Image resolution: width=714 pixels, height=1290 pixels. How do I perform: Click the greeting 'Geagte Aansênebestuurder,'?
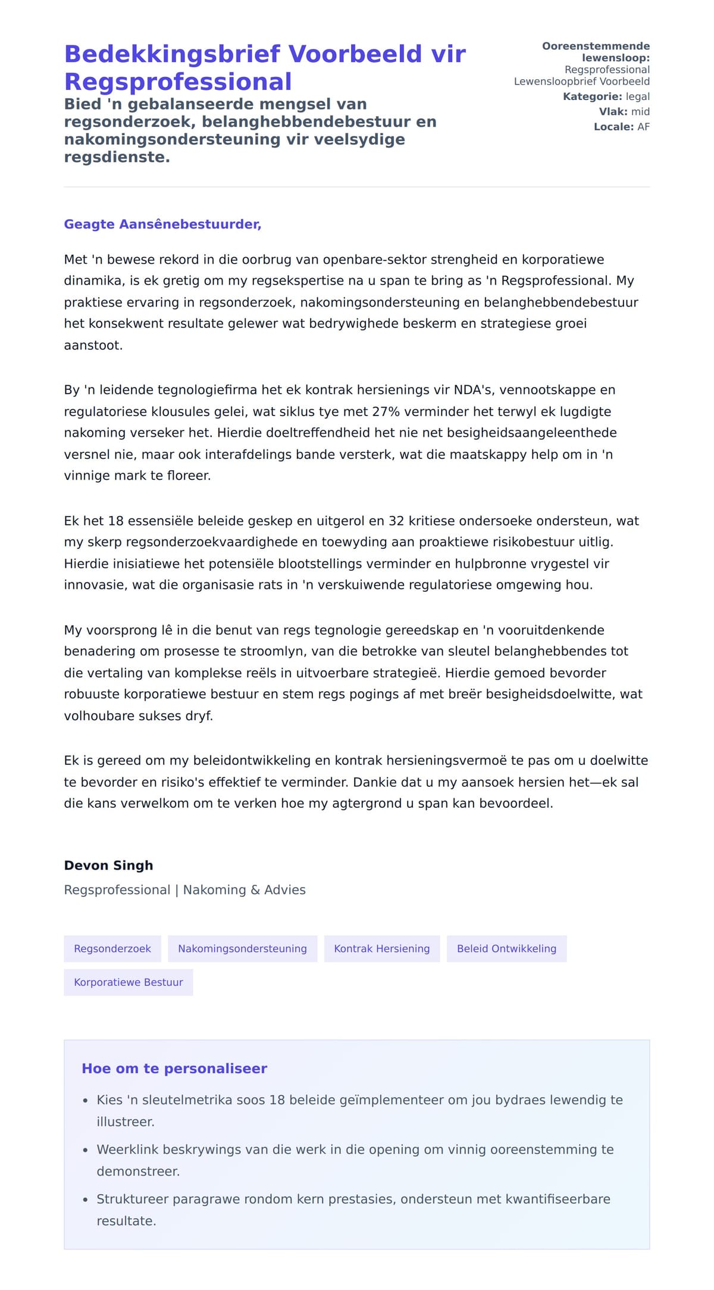162,224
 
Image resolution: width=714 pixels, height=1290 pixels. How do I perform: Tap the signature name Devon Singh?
108,866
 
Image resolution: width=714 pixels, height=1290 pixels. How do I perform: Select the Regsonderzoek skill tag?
112,949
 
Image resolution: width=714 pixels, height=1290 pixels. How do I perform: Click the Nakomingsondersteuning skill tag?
242,949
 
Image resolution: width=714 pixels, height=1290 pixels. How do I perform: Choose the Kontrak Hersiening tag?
381,949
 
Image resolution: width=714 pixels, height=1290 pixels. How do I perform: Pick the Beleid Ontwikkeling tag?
506,949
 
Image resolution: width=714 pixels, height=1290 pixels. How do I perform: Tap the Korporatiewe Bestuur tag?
129,982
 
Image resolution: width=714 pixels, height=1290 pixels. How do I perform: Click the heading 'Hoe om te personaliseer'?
174,1069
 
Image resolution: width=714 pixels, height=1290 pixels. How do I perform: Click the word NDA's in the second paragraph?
474,390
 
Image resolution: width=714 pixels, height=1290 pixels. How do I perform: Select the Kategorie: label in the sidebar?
592,96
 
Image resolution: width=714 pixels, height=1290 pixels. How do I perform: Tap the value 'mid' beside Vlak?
640,111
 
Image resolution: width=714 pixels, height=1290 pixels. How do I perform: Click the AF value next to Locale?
643,127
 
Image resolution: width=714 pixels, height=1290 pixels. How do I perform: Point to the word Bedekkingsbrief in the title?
172,54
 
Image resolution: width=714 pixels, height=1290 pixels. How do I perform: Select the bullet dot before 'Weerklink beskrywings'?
86,1150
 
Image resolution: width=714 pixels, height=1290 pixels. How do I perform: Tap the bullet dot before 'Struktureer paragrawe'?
86,1200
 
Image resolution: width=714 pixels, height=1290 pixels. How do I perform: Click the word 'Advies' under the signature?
285,890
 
